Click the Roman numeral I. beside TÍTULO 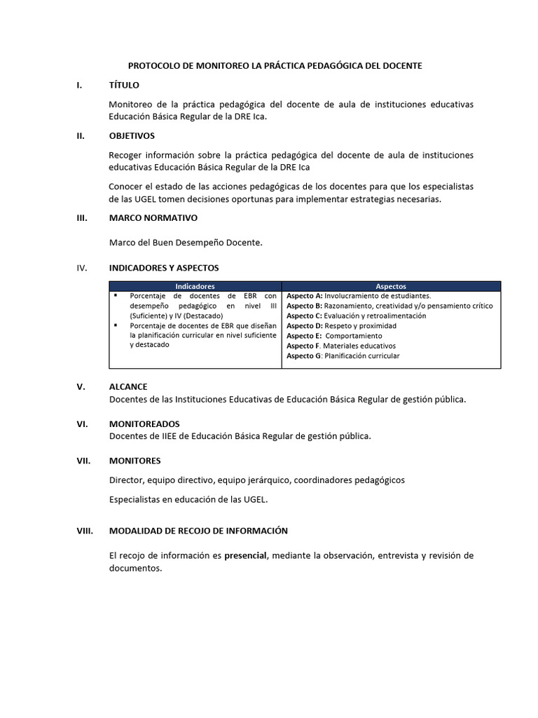(79, 86)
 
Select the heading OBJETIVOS (132, 136)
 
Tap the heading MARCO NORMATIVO (153, 218)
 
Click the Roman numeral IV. (81, 268)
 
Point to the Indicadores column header (195, 286)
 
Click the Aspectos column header (391, 286)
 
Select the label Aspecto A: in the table (305, 296)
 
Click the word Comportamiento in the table (354, 336)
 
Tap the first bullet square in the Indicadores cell (116, 296)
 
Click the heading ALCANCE (128, 387)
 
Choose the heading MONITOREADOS (144, 424)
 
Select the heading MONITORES (134, 461)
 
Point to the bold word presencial (245, 556)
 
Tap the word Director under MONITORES (126, 480)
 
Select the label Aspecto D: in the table (305, 326)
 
